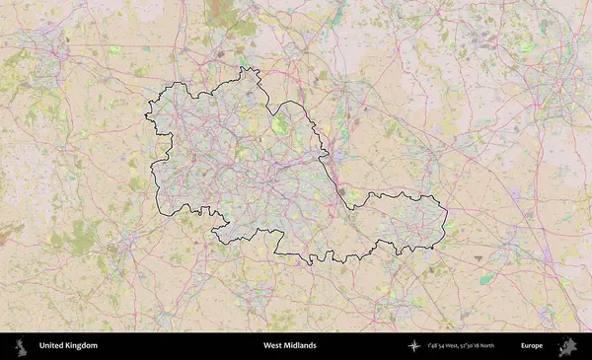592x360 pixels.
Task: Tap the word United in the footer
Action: pyautogui.click(x=53, y=346)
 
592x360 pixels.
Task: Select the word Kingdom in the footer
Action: pyautogui.click(x=82, y=346)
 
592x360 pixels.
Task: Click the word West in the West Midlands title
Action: pyautogui.click(x=272, y=346)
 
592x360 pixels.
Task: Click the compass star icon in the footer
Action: pyautogui.click(x=414, y=346)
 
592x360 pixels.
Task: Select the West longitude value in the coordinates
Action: pyautogui.click(x=443, y=346)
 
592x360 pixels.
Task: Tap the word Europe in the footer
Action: pyautogui.click(x=532, y=346)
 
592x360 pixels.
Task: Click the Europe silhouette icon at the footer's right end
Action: pyautogui.click(x=567, y=346)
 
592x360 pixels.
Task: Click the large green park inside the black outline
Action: pyautogui.click(x=280, y=125)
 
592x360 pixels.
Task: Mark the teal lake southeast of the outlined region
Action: pyautogui.click(x=486, y=279)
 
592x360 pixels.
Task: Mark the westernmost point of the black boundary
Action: pyautogui.click(x=146, y=115)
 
